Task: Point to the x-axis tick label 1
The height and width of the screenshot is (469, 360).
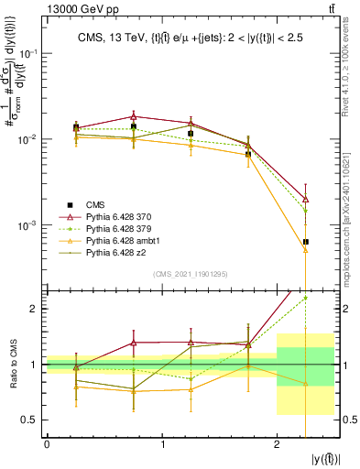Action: [x=162, y=445]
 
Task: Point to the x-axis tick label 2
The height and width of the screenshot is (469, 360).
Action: [x=277, y=445]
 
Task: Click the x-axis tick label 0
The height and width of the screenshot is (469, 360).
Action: [x=47, y=445]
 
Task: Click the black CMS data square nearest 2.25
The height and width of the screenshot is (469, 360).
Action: [x=305, y=242]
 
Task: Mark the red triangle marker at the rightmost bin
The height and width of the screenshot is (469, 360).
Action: [x=305, y=199]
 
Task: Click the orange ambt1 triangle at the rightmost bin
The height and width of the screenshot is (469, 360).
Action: [x=305, y=249]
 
